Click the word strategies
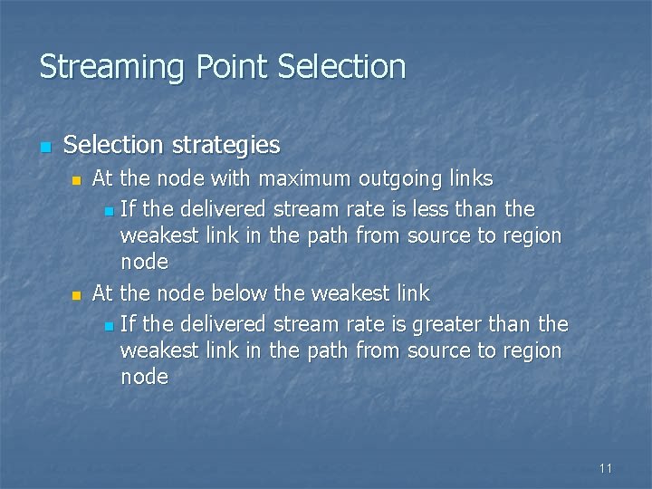(226, 145)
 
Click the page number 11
(606, 468)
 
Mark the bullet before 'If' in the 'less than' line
(110, 212)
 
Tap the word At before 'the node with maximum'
(102, 177)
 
